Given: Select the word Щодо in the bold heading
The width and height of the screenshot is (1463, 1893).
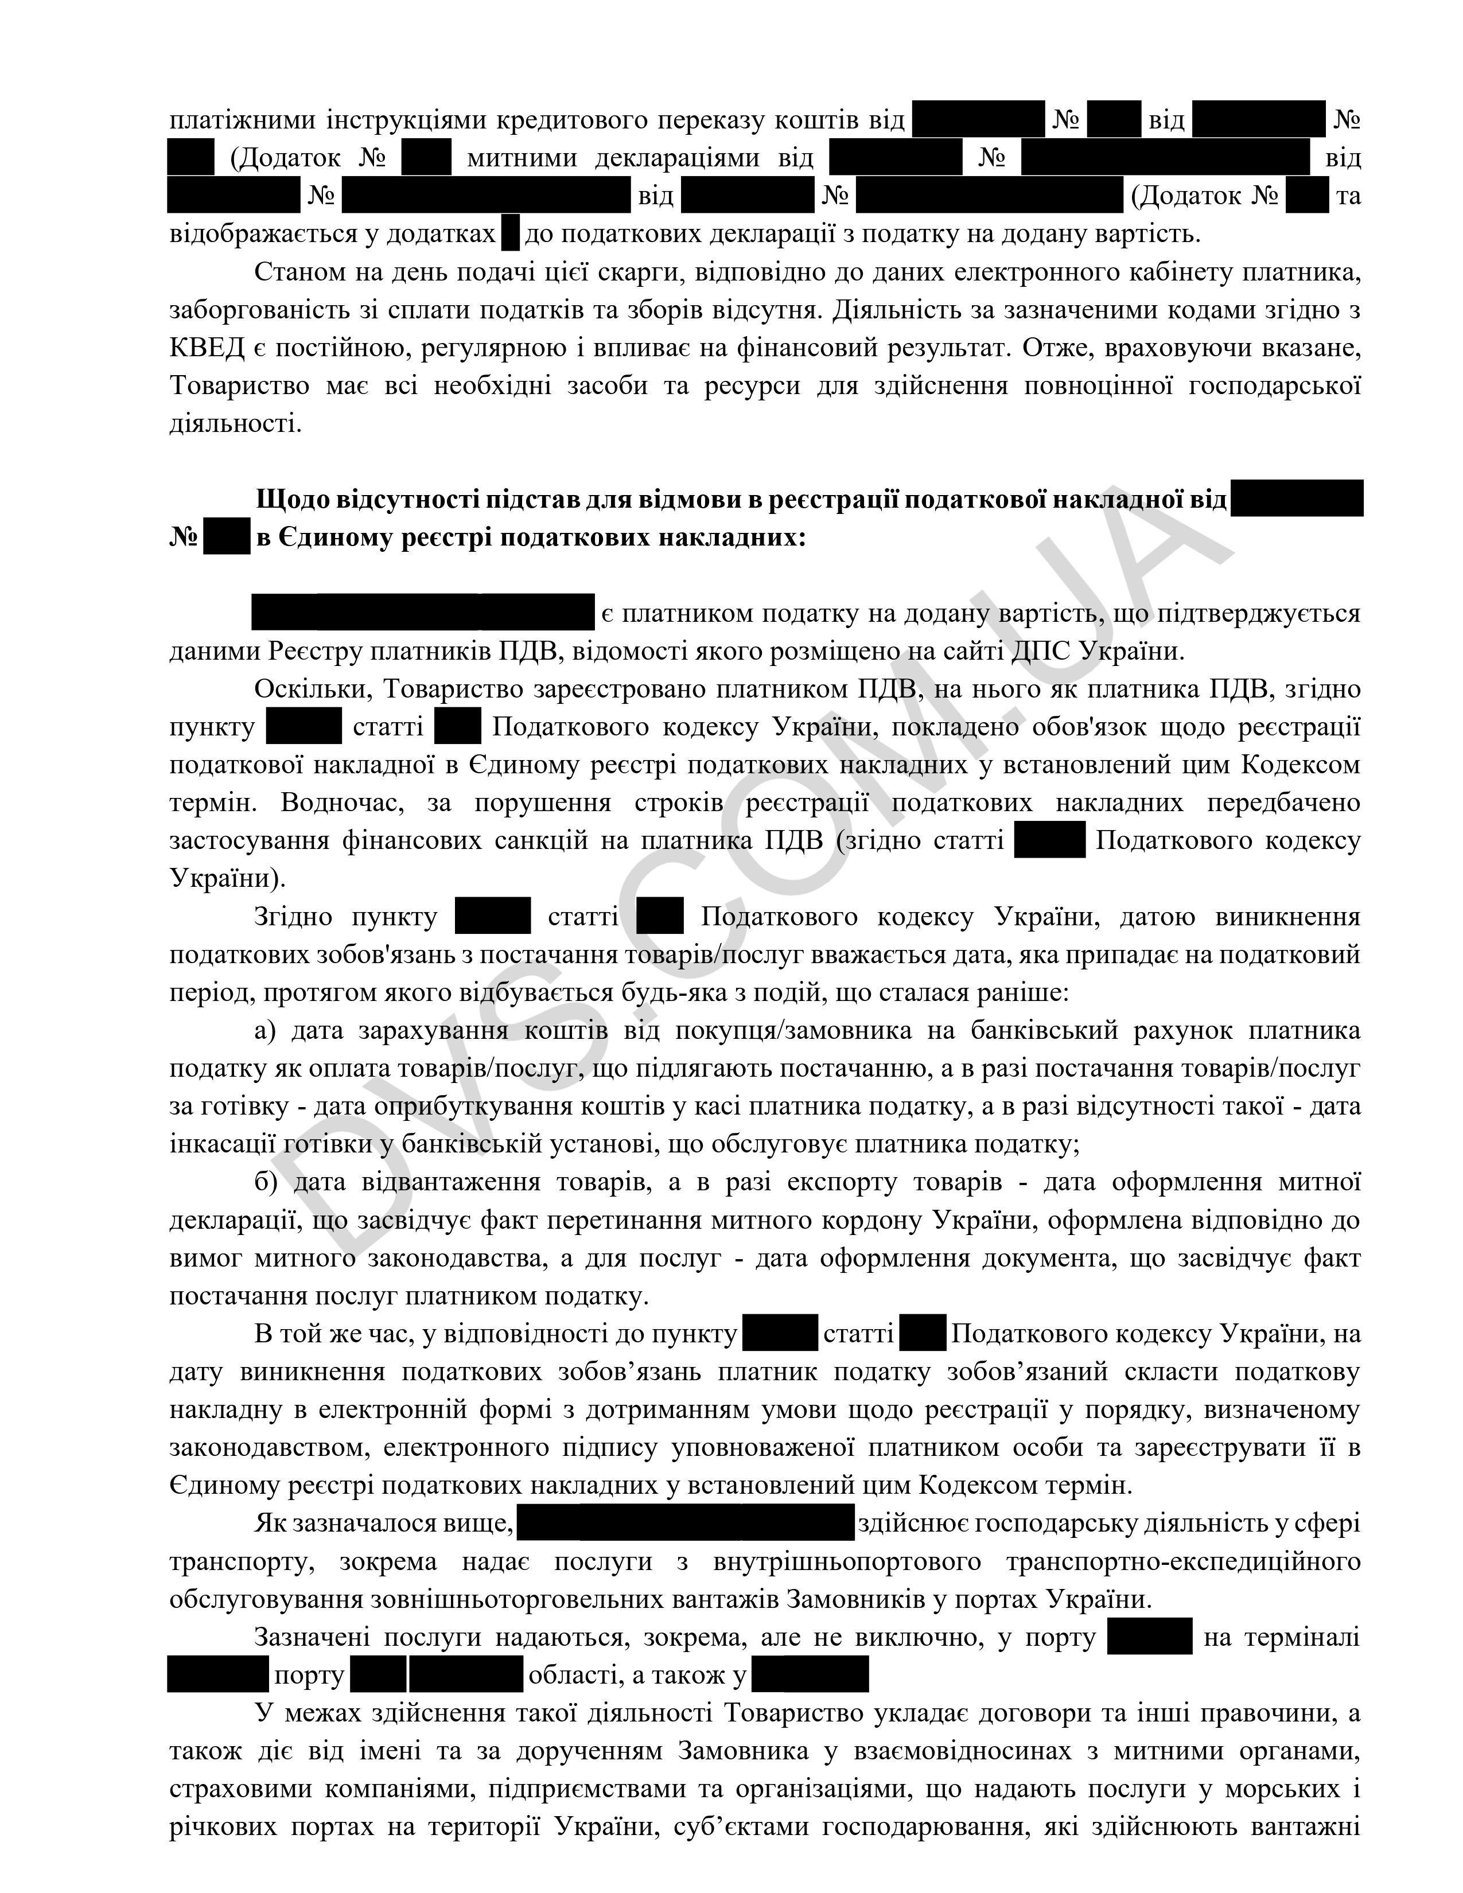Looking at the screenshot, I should coord(291,500).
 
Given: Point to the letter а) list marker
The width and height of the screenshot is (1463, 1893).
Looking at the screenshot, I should coord(264,1031).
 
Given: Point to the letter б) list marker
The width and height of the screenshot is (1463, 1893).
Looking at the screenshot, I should coord(265,1182).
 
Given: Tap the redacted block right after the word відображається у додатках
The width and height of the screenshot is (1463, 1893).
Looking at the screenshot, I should coord(511,234).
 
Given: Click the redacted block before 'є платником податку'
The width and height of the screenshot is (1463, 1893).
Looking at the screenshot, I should coord(423,612).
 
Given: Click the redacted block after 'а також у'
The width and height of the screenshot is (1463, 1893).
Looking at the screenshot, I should coord(810,1674).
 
